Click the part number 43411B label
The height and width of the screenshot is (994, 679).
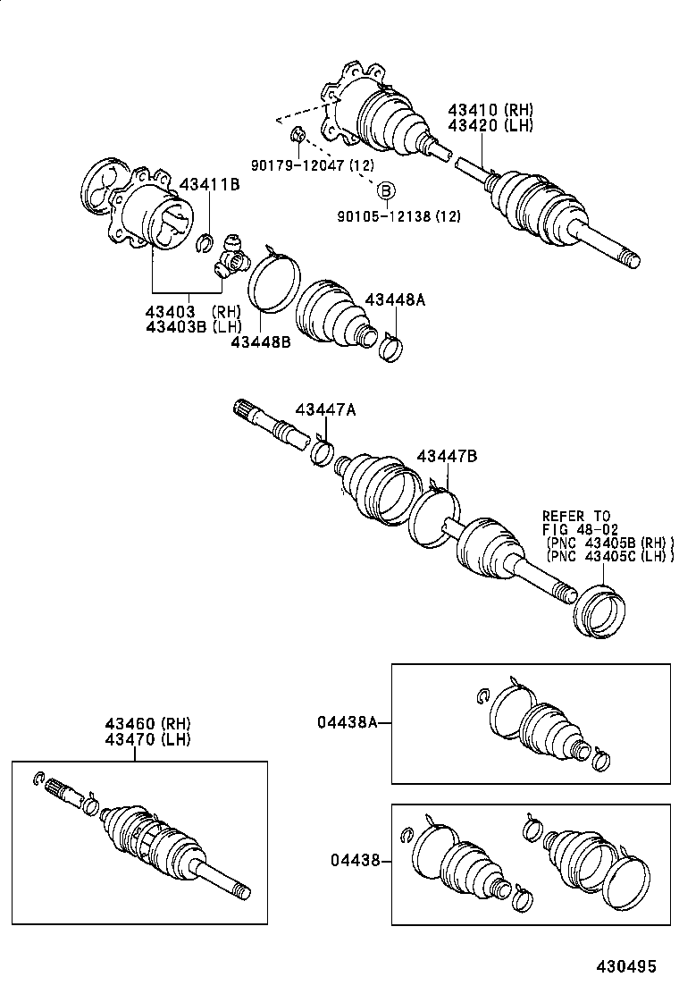(x=210, y=184)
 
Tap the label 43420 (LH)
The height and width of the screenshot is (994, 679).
(x=490, y=126)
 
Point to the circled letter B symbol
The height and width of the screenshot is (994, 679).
(x=385, y=191)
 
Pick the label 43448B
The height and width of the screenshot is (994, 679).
(x=260, y=341)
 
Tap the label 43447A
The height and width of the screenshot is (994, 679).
(x=326, y=409)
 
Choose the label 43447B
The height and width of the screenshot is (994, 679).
(x=447, y=457)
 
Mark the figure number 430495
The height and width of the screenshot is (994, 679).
(x=627, y=967)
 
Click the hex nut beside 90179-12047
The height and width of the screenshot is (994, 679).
(x=299, y=136)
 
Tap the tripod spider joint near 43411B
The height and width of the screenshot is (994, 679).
(x=231, y=257)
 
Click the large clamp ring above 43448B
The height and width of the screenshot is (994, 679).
(x=272, y=281)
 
